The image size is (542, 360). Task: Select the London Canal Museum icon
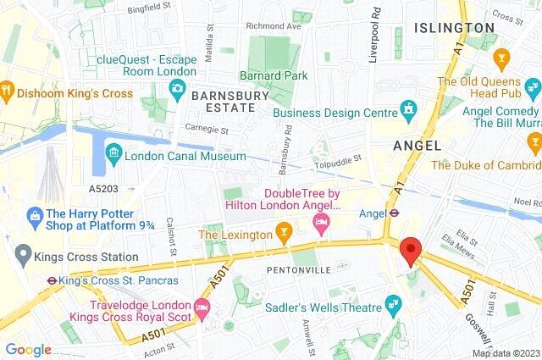(113, 156)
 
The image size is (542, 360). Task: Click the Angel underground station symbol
(392, 213)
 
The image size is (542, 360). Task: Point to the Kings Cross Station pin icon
(22, 254)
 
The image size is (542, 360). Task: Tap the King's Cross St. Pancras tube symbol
(52, 279)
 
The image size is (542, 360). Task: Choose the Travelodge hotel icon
(201, 306)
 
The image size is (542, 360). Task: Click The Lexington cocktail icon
(285, 230)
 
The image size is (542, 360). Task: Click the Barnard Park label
(273, 75)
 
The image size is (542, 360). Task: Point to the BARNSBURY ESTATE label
(223, 101)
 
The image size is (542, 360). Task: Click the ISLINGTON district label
(455, 28)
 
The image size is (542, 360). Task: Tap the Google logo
(28, 349)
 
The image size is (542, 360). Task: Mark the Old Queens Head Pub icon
(501, 58)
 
